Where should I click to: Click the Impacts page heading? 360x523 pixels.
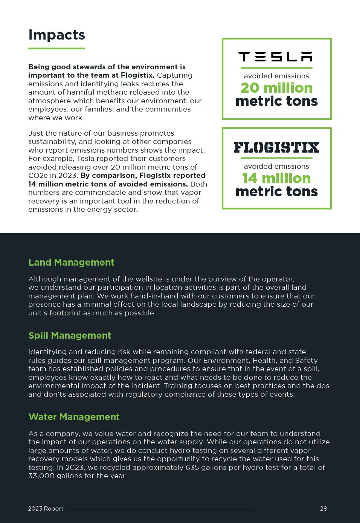56,35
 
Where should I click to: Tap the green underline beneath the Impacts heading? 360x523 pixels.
56,48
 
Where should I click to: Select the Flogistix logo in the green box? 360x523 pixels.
276,147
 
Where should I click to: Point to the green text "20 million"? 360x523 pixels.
276,88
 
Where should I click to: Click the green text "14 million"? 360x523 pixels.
276,178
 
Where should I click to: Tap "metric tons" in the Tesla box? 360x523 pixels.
276,101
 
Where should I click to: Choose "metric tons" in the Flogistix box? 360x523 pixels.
276,191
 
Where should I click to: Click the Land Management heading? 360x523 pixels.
71,262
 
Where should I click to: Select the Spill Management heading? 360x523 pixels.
70,335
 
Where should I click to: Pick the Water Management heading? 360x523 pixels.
74,417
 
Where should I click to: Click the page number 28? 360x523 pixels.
323,509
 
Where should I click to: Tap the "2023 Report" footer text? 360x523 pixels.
46,509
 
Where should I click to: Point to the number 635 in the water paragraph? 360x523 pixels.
192,468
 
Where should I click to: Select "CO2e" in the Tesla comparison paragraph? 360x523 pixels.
37,176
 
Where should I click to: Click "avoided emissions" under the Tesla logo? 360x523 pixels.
276,76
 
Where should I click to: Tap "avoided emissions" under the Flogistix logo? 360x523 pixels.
276,167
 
